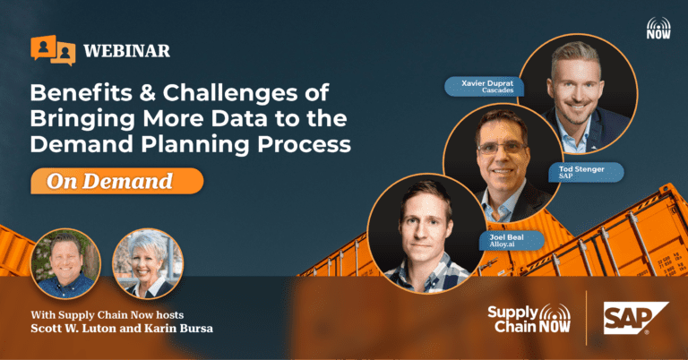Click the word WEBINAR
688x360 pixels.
pos(127,51)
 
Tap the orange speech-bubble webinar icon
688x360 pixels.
pos(53,50)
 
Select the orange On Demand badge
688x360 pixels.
pos(116,181)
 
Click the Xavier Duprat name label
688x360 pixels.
pos(485,86)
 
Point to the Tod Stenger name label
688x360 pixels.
pos(586,172)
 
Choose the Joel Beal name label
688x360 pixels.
pos(512,241)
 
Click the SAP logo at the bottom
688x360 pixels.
pos(636,318)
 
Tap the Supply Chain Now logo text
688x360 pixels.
pos(529,318)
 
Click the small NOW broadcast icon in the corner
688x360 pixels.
pos(658,28)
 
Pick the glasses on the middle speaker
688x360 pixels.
pos(502,149)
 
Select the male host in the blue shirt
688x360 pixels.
pos(65,263)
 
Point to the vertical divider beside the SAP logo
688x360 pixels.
pos(586,318)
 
